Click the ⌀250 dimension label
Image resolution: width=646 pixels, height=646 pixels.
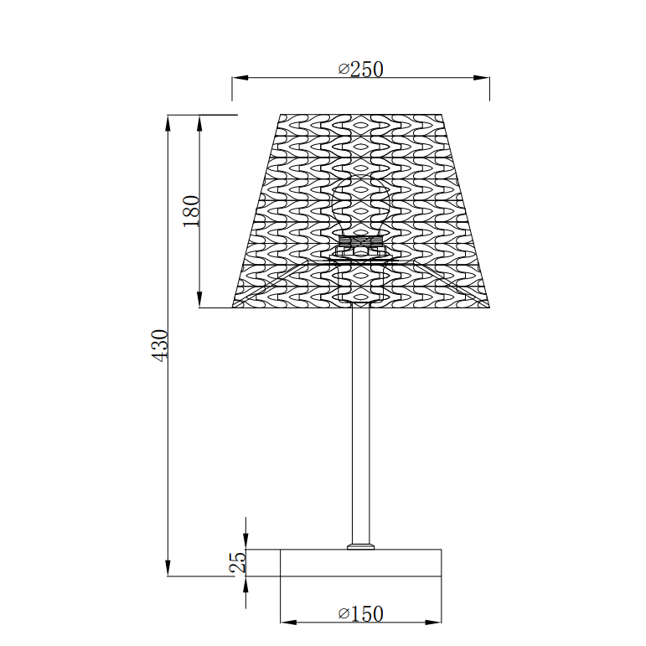pyautogui.click(x=360, y=69)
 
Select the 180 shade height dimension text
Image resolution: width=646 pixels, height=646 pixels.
pyautogui.click(x=191, y=211)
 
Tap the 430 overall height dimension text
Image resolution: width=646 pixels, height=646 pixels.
pyautogui.click(x=160, y=344)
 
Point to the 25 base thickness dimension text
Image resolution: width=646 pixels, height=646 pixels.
pyautogui.click(x=239, y=561)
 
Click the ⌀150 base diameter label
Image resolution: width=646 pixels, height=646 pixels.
pyautogui.click(x=360, y=613)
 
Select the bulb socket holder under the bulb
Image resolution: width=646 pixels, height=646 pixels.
pyautogui.click(x=360, y=247)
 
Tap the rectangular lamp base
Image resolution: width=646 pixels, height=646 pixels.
pyautogui.click(x=360, y=562)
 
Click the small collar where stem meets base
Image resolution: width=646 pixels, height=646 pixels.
pyautogui.click(x=360, y=546)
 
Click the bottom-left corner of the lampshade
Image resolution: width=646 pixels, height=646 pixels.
pyautogui.click(x=234, y=307)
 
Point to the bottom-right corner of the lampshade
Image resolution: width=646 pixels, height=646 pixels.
pyautogui.click(x=489, y=307)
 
